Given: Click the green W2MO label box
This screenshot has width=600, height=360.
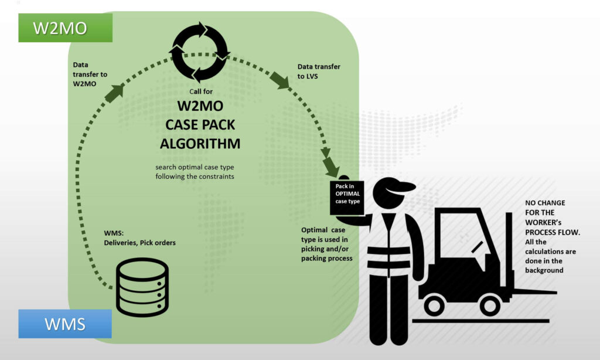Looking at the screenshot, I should pyautogui.click(x=64, y=28).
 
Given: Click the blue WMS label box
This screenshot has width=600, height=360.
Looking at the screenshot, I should pyautogui.click(x=64, y=324).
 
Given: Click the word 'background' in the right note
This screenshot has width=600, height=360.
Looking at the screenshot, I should pyautogui.click(x=544, y=270).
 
